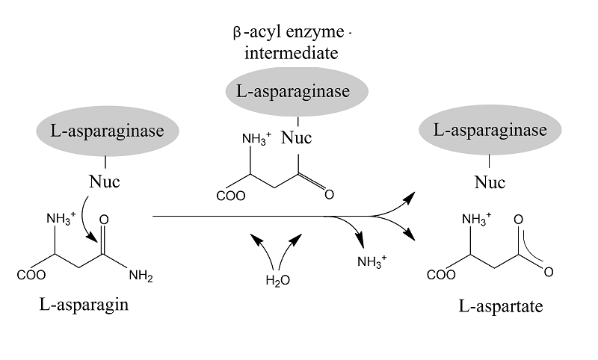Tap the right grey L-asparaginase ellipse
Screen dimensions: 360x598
pos(490,131)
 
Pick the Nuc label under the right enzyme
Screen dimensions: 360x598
pos(490,183)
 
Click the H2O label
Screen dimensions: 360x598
pos(278,281)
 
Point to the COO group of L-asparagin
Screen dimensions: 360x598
pos(31,275)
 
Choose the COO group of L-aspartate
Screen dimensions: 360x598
pos(440,275)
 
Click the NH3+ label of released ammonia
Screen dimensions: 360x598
pos(372,262)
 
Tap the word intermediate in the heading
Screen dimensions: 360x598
pos(298,54)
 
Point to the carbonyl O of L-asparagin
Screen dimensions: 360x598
pos(104,220)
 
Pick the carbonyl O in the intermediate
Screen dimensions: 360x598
pos(328,195)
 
